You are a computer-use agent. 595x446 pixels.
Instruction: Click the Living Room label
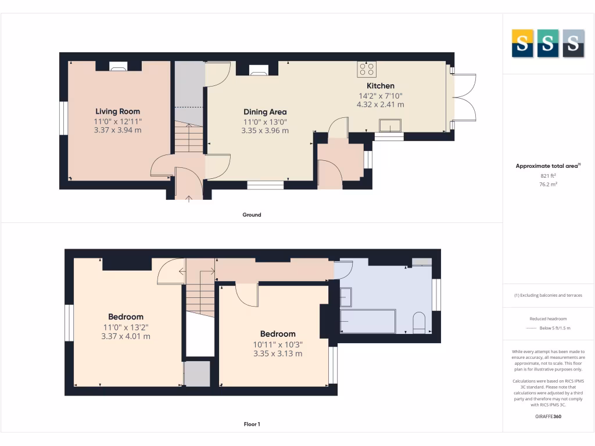117,111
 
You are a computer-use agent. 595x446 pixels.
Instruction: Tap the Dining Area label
265,112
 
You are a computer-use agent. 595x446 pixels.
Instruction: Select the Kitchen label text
380,86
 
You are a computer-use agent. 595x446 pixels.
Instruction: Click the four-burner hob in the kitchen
367,70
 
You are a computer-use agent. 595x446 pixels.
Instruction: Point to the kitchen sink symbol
389,125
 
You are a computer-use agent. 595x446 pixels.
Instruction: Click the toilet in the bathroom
419,323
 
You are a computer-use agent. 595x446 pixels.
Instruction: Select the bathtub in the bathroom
368,321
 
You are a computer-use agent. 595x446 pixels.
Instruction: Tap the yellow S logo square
522,44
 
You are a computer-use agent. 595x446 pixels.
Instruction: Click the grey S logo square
573,44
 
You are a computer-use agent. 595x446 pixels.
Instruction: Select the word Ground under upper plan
252,215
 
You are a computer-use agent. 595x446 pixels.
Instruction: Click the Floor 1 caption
252,425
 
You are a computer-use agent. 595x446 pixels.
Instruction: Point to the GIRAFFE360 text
548,416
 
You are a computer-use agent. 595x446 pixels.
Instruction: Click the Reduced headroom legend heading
548,319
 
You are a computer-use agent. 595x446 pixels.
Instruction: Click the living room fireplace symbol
119,67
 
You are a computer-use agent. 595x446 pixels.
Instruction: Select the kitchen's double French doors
464,98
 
